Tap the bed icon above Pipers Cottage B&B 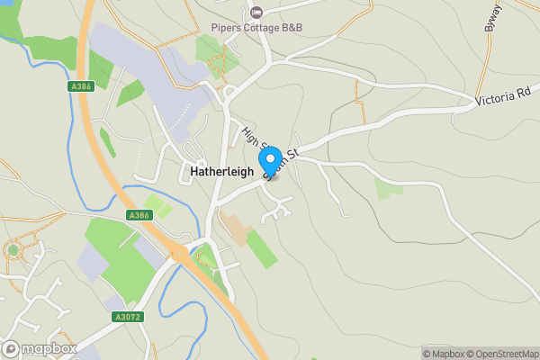coord(256,12)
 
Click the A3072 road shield coord(129,317)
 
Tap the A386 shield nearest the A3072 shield coord(139,215)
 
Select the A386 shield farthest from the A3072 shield coord(80,86)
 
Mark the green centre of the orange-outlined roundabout coord(13,249)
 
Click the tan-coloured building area coord(237,229)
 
